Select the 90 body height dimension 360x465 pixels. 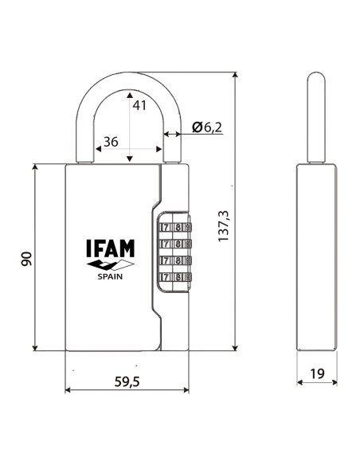tap(25, 258)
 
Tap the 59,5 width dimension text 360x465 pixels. tap(126, 381)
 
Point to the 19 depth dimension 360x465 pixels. tap(317, 372)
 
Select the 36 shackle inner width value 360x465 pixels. tap(112, 142)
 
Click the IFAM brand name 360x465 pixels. tap(109, 249)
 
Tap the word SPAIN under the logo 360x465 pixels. tap(110, 277)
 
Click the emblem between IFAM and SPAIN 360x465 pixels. tap(109, 264)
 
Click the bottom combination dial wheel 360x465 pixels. tap(175, 277)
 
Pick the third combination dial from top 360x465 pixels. tap(175, 260)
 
